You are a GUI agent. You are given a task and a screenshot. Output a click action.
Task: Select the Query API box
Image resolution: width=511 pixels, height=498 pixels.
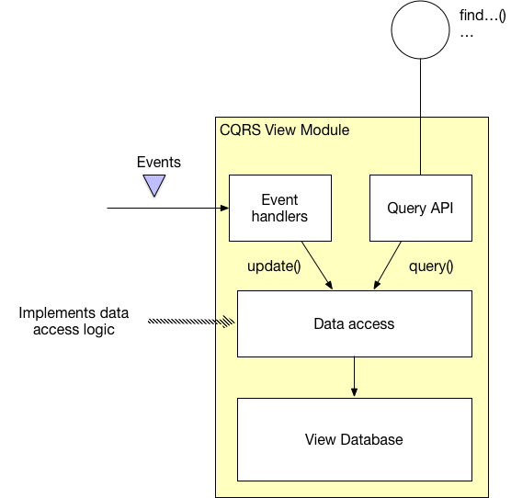(x=421, y=209)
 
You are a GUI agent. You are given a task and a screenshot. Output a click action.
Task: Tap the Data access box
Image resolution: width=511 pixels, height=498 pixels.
(x=354, y=323)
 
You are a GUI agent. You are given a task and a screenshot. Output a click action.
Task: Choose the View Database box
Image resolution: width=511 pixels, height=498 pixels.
(x=354, y=438)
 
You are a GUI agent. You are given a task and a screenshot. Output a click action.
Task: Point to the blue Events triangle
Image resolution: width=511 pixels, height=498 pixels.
(x=154, y=187)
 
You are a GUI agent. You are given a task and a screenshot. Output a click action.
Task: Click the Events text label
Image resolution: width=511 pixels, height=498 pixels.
(x=159, y=163)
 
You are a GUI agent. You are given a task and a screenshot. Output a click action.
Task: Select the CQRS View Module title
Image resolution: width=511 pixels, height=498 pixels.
(x=285, y=130)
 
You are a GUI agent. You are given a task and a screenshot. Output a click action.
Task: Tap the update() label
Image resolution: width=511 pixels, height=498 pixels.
(x=273, y=266)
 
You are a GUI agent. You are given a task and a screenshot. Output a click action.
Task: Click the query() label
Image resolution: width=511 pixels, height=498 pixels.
(x=430, y=266)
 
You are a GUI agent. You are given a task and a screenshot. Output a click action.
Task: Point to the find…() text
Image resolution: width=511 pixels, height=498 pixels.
(x=482, y=16)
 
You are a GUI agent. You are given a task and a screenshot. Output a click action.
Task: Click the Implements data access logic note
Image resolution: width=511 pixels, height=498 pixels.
(x=74, y=322)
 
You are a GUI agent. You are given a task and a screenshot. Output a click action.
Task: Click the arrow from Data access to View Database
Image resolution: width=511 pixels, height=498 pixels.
(x=354, y=377)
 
